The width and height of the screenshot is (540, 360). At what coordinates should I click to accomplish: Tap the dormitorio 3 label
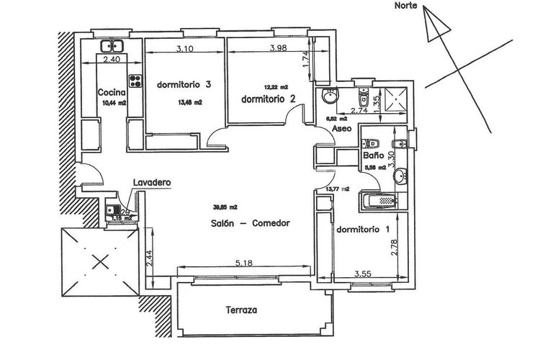pyautogui.click(x=183, y=85)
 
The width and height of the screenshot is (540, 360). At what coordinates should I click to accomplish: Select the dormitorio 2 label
pyautogui.click(x=269, y=99)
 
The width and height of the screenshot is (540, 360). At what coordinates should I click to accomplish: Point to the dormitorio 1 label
pyautogui.click(x=364, y=230)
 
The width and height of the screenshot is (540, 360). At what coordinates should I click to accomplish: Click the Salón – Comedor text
pyautogui.click(x=251, y=223)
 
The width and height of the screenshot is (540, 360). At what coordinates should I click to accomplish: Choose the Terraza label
pyautogui.click(x=240, y=311)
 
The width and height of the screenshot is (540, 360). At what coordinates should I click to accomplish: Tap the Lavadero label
pyautogui.click(x=150, y=183)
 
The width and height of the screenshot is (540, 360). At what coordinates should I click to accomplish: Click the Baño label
pyautogui.click(x=372, y=155)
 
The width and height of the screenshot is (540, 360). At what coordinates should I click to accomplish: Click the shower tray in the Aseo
pyautogui.click(x=394, y=99)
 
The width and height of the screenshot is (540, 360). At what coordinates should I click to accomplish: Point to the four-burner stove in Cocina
pyautogui.click(x=134, y=79)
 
